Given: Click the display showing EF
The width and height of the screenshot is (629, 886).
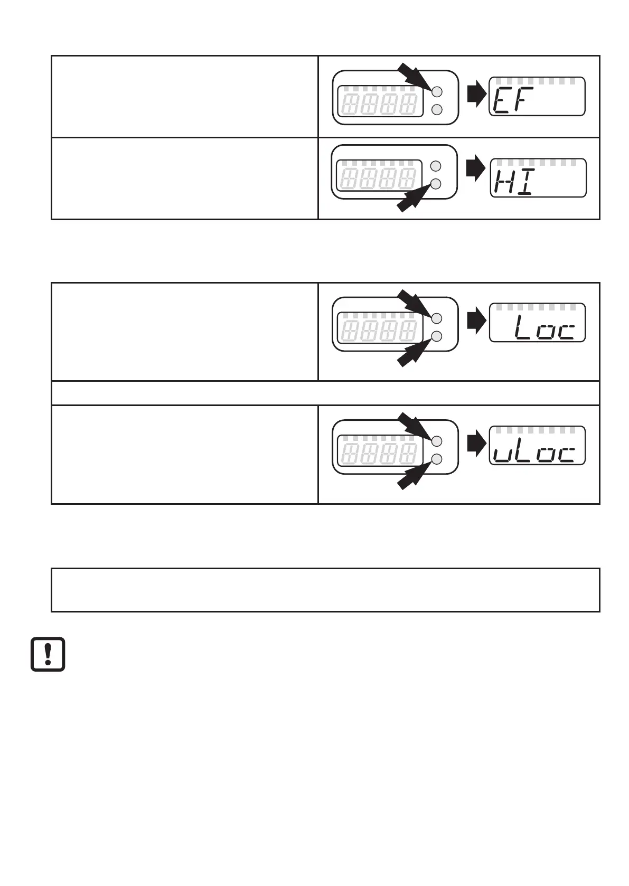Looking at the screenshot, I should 537,96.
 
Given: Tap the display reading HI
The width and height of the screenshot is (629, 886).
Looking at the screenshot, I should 538,178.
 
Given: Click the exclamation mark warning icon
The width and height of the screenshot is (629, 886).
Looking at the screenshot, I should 48,654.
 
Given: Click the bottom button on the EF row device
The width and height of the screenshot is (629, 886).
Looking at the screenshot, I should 436,110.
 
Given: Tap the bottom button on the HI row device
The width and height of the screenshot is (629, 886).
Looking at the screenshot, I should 436,184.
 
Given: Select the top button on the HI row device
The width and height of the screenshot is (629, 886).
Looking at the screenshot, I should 436,166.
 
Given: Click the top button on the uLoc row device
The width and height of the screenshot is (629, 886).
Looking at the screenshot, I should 436,441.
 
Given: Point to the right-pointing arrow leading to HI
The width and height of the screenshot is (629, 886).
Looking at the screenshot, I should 476,168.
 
